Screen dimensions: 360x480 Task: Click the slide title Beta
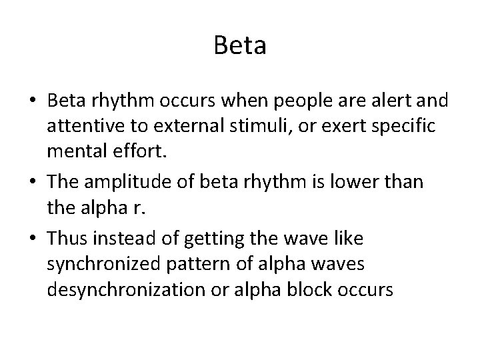tap(240, 45)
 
